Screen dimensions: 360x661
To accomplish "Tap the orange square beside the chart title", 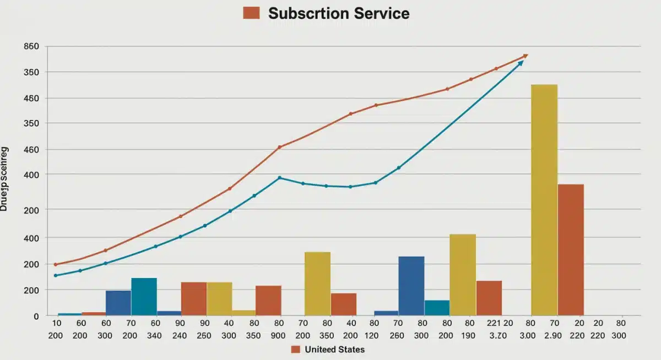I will pos(251,13).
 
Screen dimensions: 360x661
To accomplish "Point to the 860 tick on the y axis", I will pos(31,47).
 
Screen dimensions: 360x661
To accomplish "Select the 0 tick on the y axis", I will pos(36,316).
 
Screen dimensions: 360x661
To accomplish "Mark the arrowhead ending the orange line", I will pos(525,56).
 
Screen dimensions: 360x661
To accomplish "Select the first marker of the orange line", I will pos(55,265).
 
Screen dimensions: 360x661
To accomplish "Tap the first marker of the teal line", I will pos(55,275).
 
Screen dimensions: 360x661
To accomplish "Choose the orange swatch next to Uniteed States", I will pos(295,349).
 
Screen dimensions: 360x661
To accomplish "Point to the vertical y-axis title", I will pos(4,178).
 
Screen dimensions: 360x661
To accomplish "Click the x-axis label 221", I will pos(494,324).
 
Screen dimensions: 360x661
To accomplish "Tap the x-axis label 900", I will pos(278,335).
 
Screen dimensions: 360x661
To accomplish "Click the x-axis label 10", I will pos(56,324).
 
